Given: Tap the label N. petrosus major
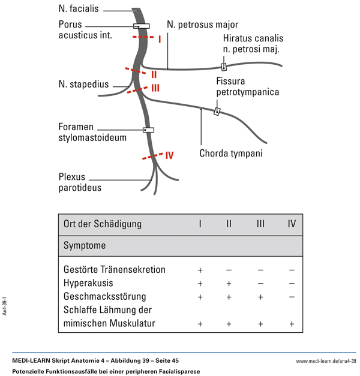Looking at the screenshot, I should [x=202, y=25].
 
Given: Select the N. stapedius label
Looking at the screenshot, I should [x=83, y=84].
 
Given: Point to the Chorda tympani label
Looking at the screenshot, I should [x=230, y=154].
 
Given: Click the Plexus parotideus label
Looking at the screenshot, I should [x=80, y=182].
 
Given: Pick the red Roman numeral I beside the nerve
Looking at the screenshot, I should [x=160, y=40].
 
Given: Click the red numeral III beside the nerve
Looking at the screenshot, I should [x=155, y=88].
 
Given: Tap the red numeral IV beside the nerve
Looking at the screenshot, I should [x=169, y=155].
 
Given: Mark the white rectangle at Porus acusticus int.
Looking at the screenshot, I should [x=141, y=26].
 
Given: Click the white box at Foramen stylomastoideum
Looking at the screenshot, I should [x=148, y=130].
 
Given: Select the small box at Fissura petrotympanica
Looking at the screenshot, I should [x=217, y=111].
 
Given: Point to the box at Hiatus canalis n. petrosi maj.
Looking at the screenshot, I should [x=224, y=67].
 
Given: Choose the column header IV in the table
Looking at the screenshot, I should [x=292, y=224].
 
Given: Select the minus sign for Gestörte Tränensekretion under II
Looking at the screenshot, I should [x=229, y=269].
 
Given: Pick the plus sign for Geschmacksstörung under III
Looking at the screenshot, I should [x=260, y=297].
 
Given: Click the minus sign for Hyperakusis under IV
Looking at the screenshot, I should [x=292, y=283].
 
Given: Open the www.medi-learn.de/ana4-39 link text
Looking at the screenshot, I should [x=326, y=361].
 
